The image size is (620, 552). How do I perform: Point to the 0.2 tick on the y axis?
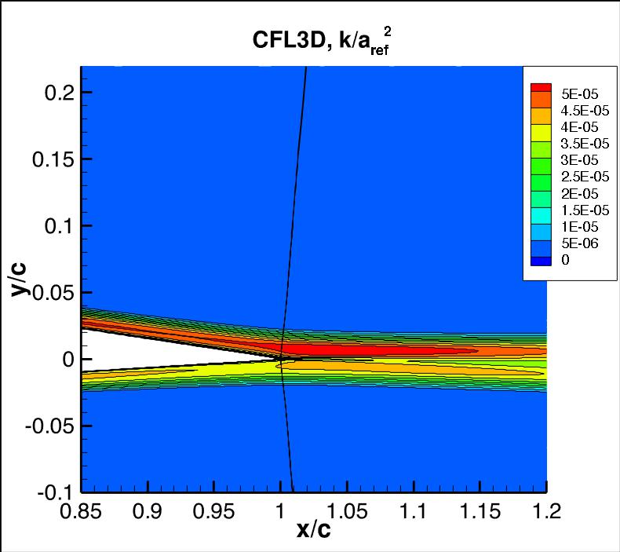pyautogui.click(x=59, y=93)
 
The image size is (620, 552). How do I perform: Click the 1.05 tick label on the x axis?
pyautogui.click(x=348, y=512)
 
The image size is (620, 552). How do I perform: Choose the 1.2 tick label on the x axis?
pyautogui.click(x=546, y=512)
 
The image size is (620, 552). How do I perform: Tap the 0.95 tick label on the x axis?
pyautogui.click(x=214, y=512)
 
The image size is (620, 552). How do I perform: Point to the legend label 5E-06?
pyautogui.click(x=579, y=243)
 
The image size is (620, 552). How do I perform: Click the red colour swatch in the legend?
pyautogui.click(x=542, y=86)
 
